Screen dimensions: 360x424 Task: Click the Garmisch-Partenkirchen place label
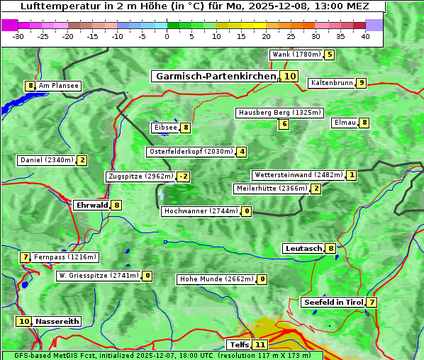pos(215,77)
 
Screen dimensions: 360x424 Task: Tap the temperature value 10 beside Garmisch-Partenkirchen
pos(289,77)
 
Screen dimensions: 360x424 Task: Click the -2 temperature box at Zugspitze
pos(184,176)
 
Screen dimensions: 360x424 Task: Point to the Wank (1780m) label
pos(296,55)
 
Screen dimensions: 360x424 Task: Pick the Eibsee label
pos(164,128)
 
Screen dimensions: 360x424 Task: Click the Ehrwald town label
pos(91,206)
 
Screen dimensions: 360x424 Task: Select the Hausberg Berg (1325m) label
pos(279,113)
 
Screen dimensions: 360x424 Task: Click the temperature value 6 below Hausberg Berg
pos(284,124)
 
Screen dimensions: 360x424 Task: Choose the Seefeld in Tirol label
pos(333,303)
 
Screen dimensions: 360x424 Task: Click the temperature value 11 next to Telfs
pos(261,345)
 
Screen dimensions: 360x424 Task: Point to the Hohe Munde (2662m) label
pos(216,279)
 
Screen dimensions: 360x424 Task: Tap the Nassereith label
pos(57,321)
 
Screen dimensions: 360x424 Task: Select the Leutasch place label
pos(303,249)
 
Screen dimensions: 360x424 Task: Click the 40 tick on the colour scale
pos(365,37)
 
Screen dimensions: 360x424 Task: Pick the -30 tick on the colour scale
pos(18,37)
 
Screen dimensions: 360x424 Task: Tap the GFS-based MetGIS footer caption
pos(162,355)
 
